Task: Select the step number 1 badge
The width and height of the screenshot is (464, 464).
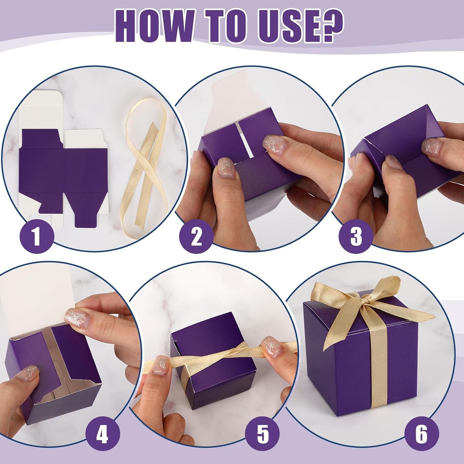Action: pos(37,236)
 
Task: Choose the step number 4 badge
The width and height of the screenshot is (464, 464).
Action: pos(102,434)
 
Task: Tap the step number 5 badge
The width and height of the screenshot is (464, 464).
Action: pos(262,434)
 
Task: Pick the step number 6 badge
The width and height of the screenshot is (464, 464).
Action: pos(421,434)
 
